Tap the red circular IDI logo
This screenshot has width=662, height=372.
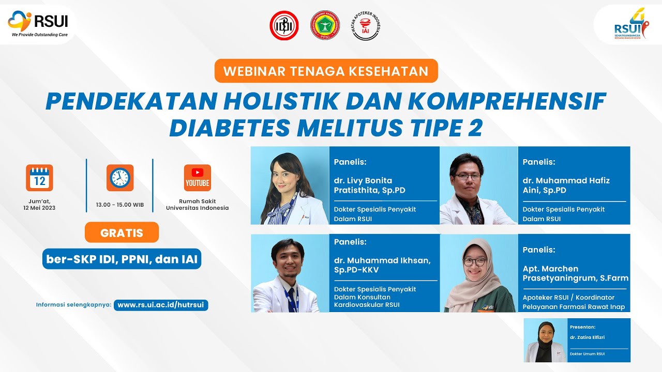coord(284,25)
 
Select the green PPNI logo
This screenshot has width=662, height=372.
coord(325,25)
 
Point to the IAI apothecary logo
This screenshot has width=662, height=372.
coord(366,25)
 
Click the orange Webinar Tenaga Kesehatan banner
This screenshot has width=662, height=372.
coord(326,71)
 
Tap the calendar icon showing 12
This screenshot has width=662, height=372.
coord(39,178)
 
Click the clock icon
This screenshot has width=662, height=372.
coord(120,178)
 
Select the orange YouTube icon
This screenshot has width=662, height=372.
coord(197,178)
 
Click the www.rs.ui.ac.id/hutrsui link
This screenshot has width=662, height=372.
coord(161,305)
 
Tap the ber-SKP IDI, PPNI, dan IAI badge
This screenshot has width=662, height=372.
coord(122,259)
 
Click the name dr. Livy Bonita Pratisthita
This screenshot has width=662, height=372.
coord(370,185)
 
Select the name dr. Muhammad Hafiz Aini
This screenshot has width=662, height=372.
coord(566,185)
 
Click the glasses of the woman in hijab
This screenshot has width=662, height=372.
coord(475,261)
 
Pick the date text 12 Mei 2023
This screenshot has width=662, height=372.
coord(39,208)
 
